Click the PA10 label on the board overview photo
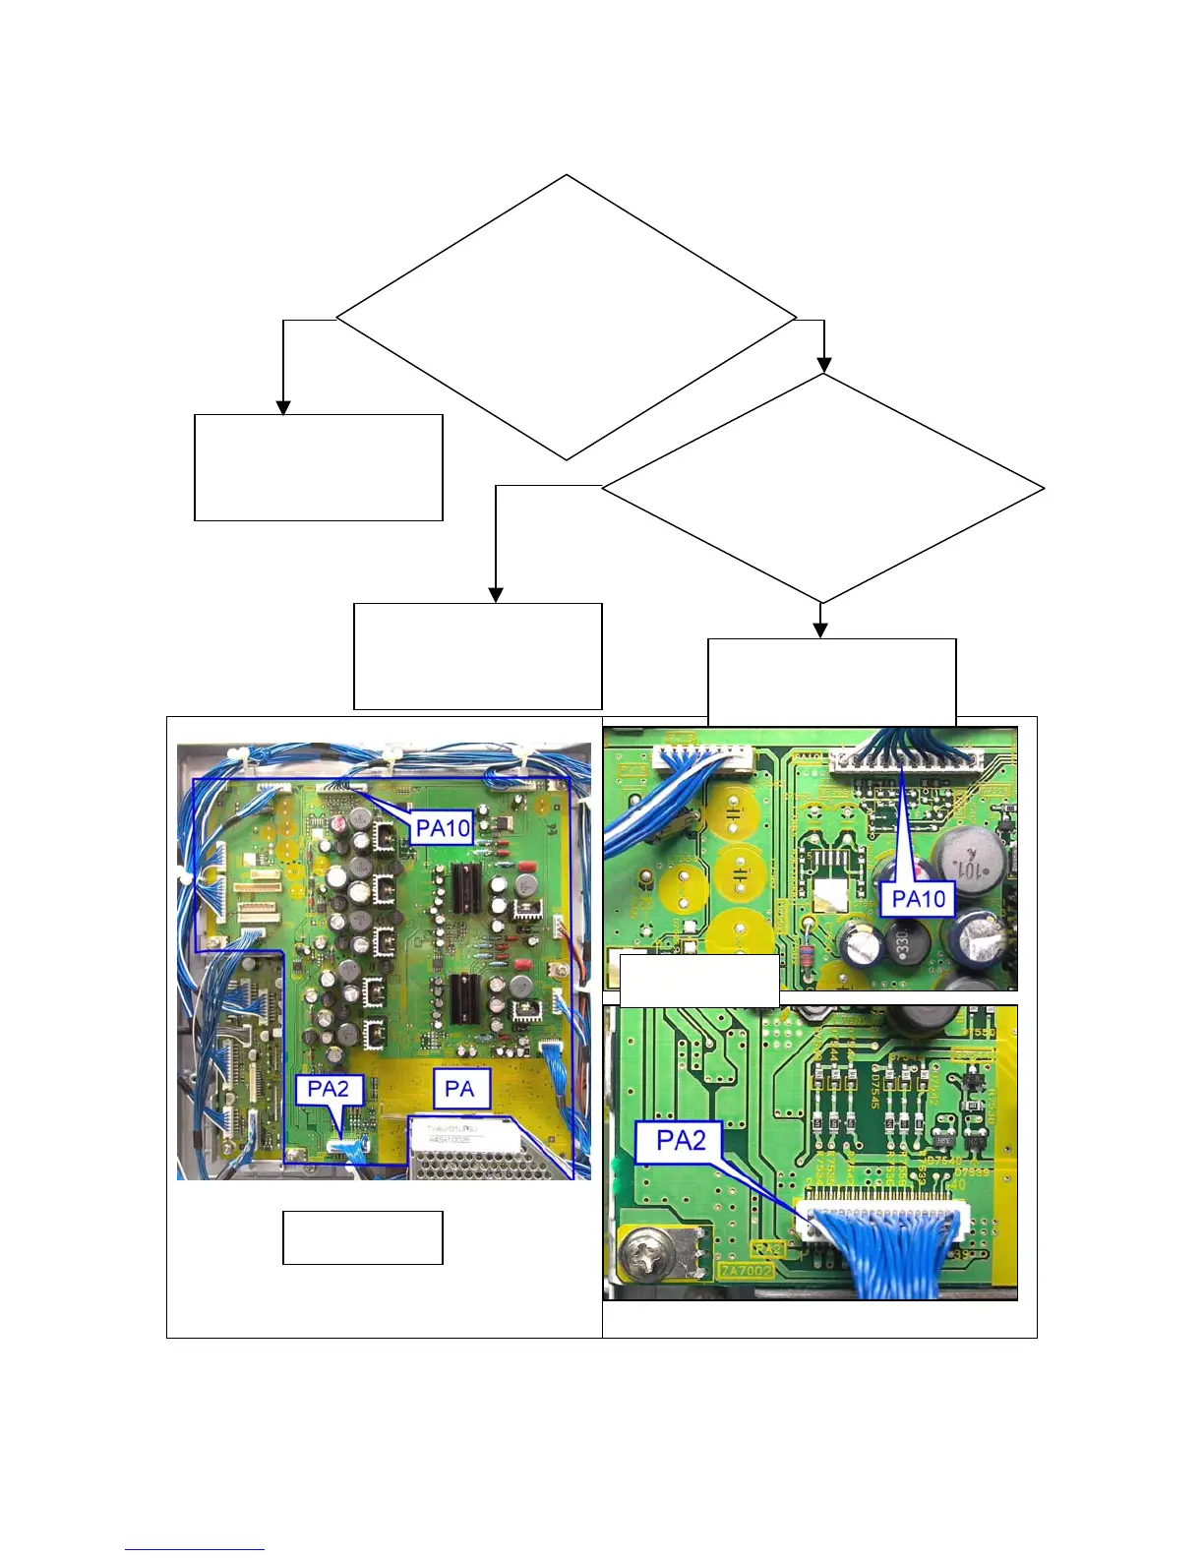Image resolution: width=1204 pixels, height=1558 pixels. pos(444,828)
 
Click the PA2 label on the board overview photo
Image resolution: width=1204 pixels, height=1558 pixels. pos(329,1089)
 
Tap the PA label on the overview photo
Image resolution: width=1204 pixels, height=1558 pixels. pos(460,1089)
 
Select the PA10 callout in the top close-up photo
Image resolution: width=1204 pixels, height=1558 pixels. pos(918,898)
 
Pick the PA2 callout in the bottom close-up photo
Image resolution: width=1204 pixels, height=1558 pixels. pos(681,1141)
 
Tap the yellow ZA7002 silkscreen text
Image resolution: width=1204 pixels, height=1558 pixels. pos(747,1271)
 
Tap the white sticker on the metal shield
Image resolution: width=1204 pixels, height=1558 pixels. pos(463,1132)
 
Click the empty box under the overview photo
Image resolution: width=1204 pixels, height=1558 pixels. pos(362,1237)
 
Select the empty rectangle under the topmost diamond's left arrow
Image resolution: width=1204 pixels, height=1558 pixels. pos(318,467)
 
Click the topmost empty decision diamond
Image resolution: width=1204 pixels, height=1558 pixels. pos(567,318)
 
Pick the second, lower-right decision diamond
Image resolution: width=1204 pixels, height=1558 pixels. pos(822,489)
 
